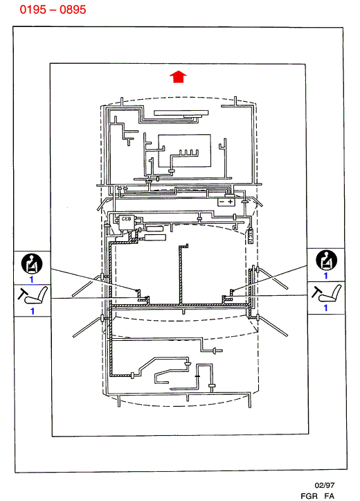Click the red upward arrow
click(x=178, y=77)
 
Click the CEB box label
click(x=126, y=219)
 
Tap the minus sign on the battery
click(x=222, y=202)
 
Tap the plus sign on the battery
click(x=230, y=202)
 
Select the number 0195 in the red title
click(x=33, y=10)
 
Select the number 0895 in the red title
click(x=73, y=10)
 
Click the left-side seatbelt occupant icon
click(x=32, y=263)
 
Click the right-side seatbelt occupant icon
click(x=326, y=260)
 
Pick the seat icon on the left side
click(x=33, y=296)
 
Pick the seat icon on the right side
click(x=327, y=293)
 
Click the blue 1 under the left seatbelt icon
click(x=31, y=279)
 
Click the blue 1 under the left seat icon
click(x=33, y=311)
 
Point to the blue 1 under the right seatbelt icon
click(x=325, y=276)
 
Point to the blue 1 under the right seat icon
click(x=325, y=308)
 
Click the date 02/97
click(x=325, y=485)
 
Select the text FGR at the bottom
click(x=309, y=496)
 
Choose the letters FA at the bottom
click(x=330, y=496)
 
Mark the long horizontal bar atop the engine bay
click(x=181, y=113)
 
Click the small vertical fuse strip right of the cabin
click(x=251, y=236)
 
